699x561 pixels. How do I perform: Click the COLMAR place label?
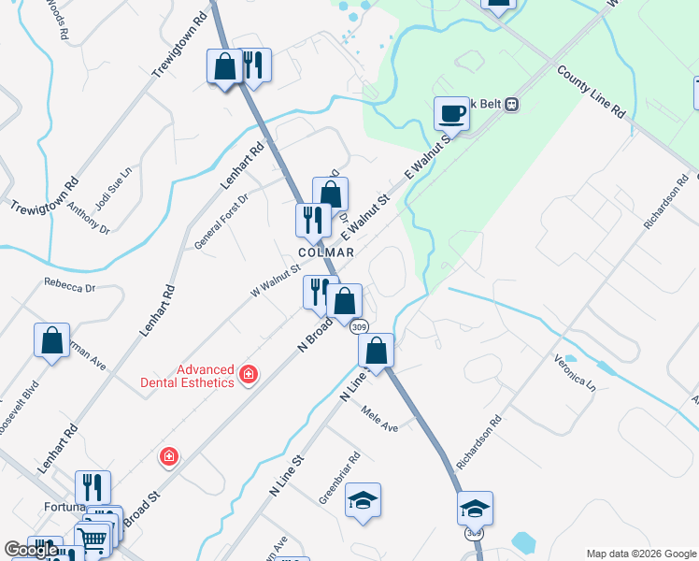(326, 252)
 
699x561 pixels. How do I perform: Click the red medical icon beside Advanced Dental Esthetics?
(249, 375)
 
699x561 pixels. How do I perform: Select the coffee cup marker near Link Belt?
(451, 113)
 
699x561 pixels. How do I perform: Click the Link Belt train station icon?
(511, 106)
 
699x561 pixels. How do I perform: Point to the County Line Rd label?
(592, 91)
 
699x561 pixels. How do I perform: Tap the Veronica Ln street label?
(575, 370)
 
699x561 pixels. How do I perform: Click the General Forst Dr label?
(221, 222)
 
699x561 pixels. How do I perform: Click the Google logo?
(31, 550)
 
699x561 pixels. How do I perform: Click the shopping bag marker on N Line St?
(377, 351)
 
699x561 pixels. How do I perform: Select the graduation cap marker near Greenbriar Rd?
(363, 500)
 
